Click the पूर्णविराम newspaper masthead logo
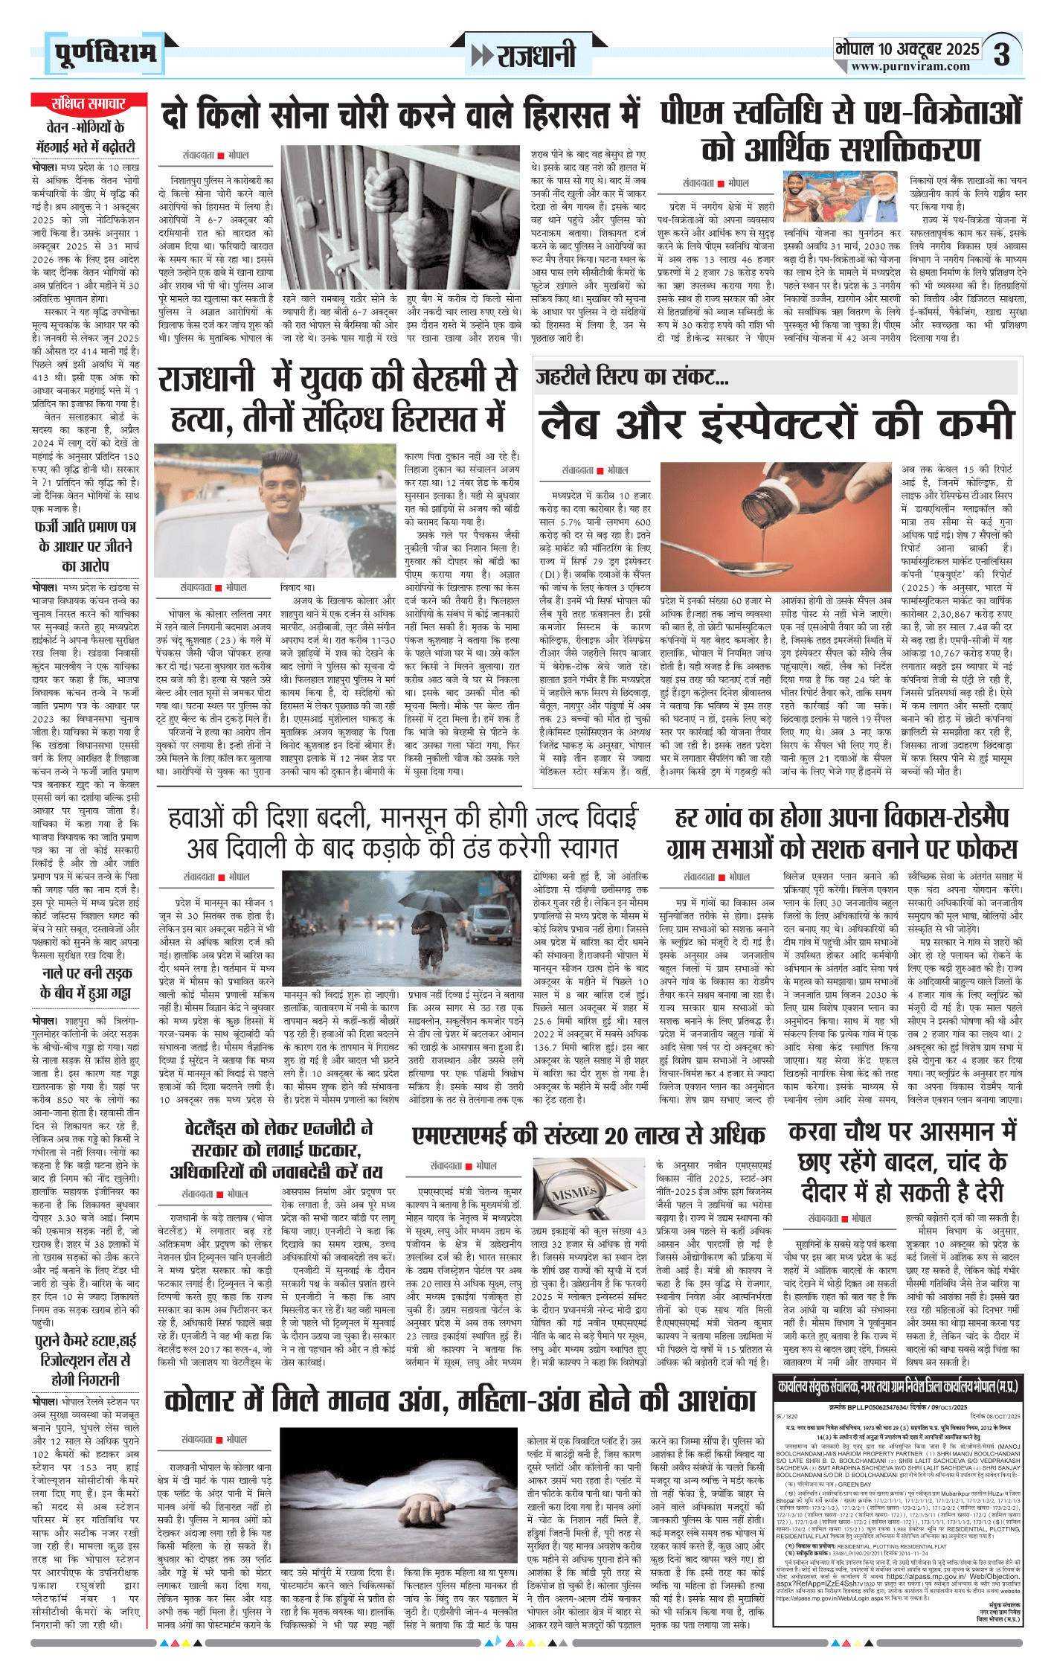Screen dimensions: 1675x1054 105,53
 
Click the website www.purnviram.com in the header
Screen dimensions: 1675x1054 910,66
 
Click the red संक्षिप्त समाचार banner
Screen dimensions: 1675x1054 88,103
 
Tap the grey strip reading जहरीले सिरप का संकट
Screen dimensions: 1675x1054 776,377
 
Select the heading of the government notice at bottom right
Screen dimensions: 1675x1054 898,1386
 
